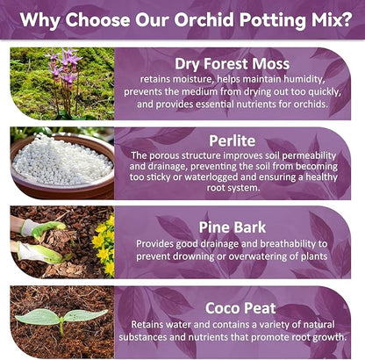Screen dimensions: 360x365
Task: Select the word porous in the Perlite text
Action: coord(166,155)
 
